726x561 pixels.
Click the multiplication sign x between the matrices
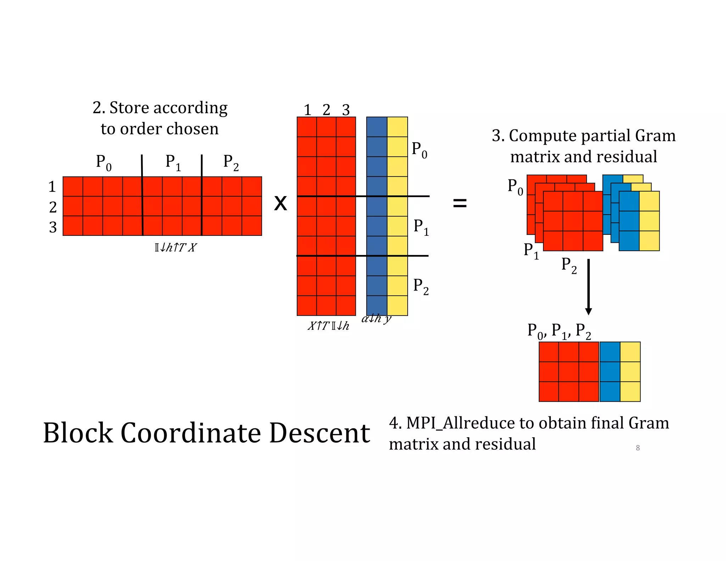pos(280,204)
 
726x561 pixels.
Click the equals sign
pos(460,203)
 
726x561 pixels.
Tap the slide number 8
pos(638,448)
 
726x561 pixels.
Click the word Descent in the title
pos(319,433)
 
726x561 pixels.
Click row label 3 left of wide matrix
pos(53,227)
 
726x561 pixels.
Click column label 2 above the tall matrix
pos(326,110)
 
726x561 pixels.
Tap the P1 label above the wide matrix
pos(173,162)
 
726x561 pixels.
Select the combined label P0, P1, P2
pos(559,331)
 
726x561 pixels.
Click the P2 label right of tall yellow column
pos(421,286)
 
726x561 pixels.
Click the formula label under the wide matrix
pos(175,248)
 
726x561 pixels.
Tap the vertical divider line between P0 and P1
pos(142,195)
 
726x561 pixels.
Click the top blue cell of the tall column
pos(376,127)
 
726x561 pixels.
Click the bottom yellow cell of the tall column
pos(397,306)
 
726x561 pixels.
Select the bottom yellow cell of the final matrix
pos(630,391)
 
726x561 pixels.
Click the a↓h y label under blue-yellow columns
pos(376,319)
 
